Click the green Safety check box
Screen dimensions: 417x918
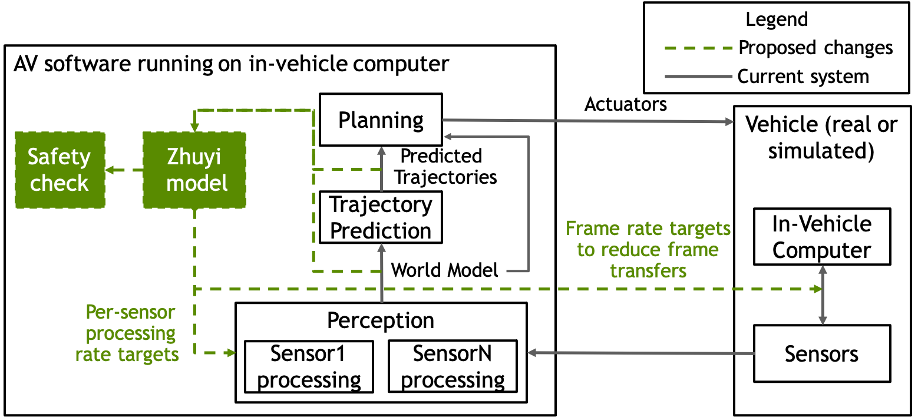[60, 170]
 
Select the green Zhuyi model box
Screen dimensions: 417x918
[194, 170]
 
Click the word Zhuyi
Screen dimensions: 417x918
[194, 158]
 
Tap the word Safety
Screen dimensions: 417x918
[60, 157]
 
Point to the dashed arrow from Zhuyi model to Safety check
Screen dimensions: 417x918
[124, 170]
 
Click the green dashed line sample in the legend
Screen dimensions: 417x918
[698, 48]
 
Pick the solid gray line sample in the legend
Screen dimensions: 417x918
[698, 77]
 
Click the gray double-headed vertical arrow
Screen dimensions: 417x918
[823, 294]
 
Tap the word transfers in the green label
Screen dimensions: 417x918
[648, 271]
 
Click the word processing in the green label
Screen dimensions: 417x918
[130, 333]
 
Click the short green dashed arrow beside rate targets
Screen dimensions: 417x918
[219, 353]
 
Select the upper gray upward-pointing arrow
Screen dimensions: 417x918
[382, 168]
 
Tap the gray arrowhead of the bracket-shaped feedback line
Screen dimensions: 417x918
[447, 137]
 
